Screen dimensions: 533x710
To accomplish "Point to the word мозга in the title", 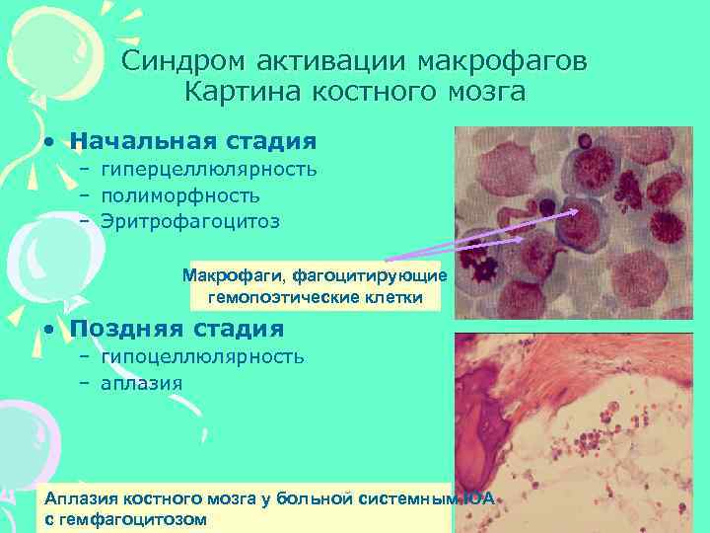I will point(483,93).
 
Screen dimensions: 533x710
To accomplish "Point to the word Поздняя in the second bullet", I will point(123,329).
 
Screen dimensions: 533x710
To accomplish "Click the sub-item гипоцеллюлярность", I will point(202,355).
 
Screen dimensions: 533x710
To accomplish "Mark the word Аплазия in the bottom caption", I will point(80,500).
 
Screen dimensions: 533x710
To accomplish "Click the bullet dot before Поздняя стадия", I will point(47,329).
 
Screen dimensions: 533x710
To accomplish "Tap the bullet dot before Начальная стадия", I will point(47,142).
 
